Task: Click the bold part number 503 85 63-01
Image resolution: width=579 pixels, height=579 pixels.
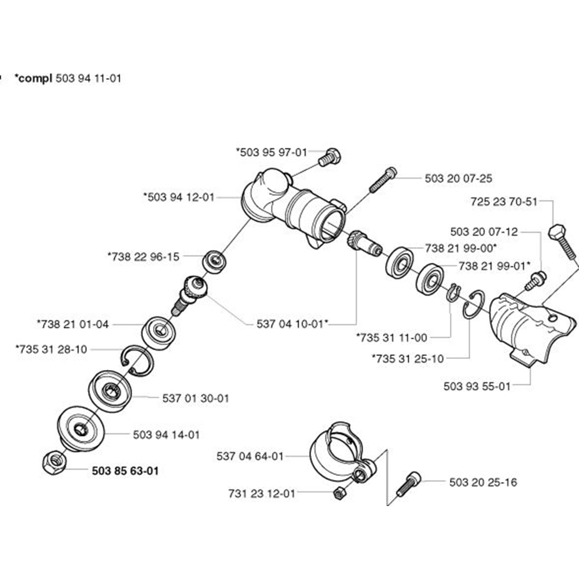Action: pos(124,471)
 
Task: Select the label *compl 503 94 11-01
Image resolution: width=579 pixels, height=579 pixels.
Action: pos(68,78)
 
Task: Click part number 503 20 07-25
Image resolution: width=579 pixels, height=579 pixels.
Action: pos(459,178)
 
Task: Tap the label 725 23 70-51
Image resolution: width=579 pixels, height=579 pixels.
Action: pos(504,202)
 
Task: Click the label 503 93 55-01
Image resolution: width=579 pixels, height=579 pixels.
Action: pos(477,386)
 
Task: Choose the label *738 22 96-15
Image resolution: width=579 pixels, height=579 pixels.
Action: pos(143,256)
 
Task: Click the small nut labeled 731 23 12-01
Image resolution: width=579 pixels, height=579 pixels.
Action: pos(340,493)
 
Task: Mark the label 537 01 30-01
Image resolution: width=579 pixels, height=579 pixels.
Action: pos(196,398)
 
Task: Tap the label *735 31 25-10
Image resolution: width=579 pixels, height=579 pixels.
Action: pos(408,358)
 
